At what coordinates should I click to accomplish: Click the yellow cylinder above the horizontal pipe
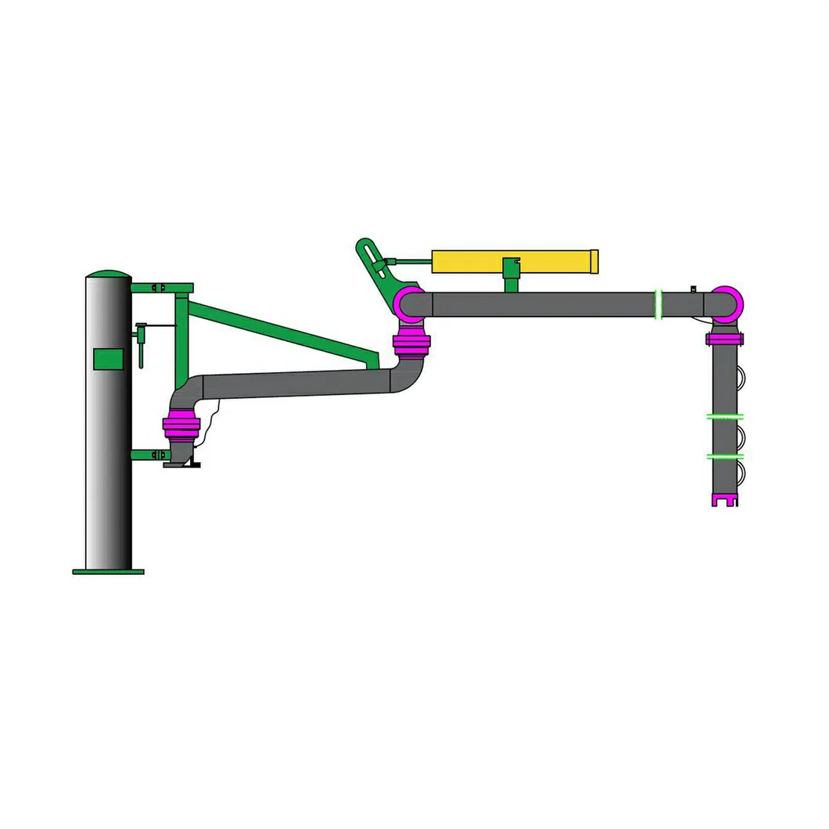(512, 260)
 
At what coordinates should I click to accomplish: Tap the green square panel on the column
(108, 359)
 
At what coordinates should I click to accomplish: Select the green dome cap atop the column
(108, 274)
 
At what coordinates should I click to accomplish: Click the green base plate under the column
(108, 572)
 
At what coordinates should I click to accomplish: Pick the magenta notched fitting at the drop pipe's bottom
(724, 500)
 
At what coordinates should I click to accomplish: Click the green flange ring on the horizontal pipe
(659, 303)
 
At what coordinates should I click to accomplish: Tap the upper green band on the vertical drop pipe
(724, 417)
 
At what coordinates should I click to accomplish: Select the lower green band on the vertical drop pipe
(724, 456)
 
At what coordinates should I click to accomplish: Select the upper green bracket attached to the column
(161, 287)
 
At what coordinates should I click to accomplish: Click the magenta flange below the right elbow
(724, 339)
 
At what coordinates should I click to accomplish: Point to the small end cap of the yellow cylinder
(594, 260)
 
